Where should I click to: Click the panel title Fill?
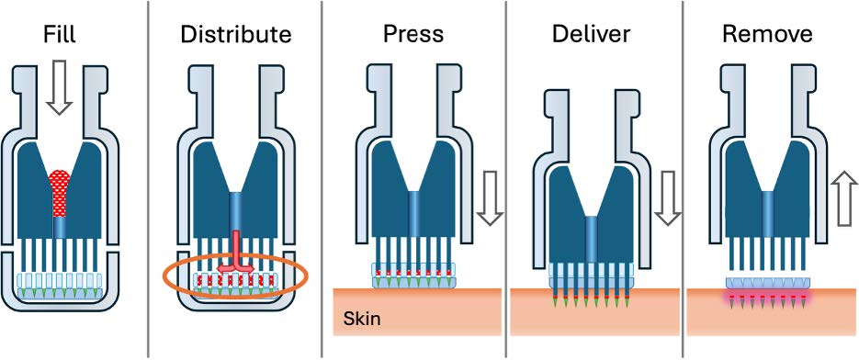59,36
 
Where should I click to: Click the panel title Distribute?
236,36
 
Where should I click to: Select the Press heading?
413,36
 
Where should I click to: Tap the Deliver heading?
591,36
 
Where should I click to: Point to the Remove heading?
768,36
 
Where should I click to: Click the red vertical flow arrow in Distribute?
236,248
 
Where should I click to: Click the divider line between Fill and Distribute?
148,184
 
